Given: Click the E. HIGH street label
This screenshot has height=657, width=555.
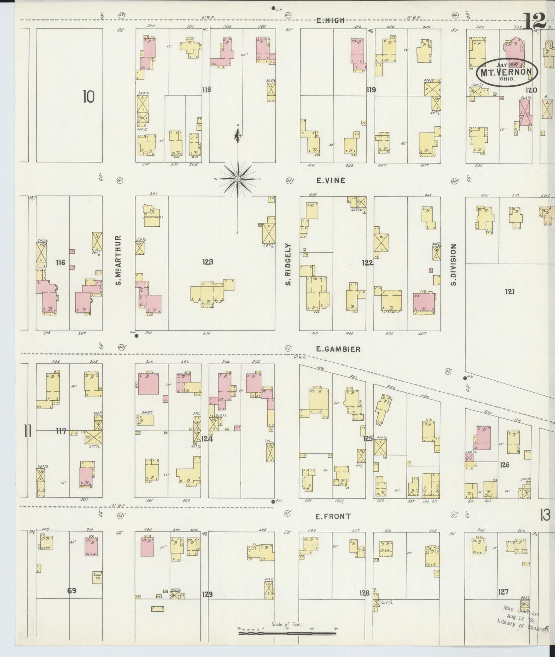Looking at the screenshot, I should coord(330,21).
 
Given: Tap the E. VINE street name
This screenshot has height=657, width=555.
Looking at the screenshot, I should coord(331,180).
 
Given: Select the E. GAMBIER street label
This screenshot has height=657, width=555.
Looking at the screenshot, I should coord(338,349).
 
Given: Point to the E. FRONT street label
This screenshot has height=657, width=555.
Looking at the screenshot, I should coord(333,516).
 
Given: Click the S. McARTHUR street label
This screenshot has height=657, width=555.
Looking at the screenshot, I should coord(119,260).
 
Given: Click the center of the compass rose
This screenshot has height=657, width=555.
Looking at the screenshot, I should coord(238,179).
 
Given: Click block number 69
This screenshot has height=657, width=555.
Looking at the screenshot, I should coord(71,601).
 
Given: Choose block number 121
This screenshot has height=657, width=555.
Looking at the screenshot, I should coord(509,292).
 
